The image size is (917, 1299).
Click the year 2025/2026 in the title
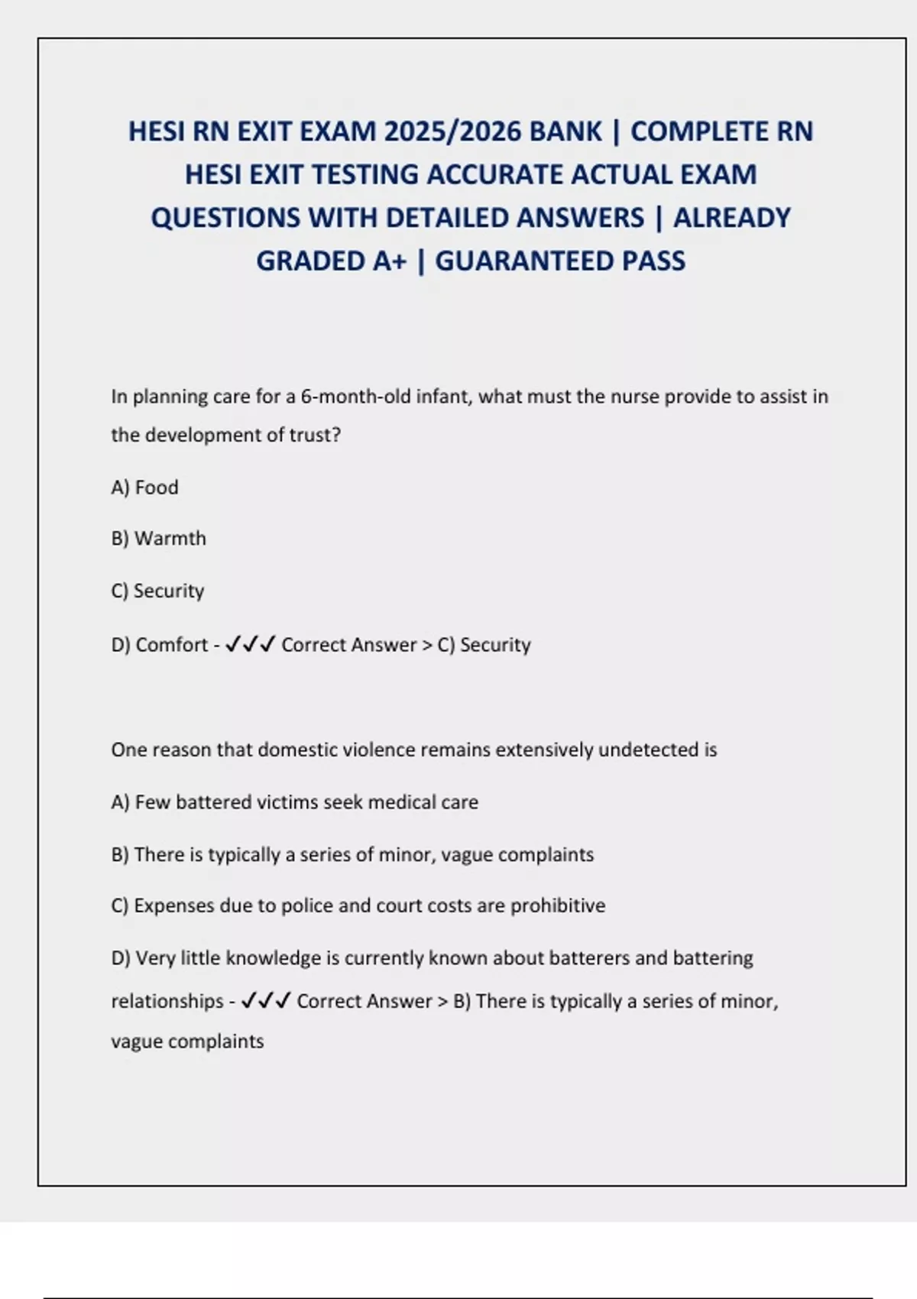pyautogui.click(x=452, y=131)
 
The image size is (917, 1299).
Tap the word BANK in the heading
pyautogui.click(x=565, y=131)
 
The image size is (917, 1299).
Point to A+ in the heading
pyautogui.click(x=390, y=261)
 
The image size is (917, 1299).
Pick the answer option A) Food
pyautogui.click(x=144, y=488)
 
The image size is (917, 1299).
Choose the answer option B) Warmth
pyautogui.click(x=158, y=539)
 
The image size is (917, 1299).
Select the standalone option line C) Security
pyautogui.click(x=157, y=591)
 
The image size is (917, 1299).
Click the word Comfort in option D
pyautogui.click(x=171, y=645)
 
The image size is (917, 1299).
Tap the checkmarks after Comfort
pyautogui.click(x=251, y=645)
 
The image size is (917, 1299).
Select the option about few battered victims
pyautogui.click(x=294, y=802)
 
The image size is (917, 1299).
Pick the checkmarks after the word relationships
pyautogui.click(x=265, y=1001)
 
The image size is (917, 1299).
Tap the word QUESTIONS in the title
pyautogui.click(x=225, y=219)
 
